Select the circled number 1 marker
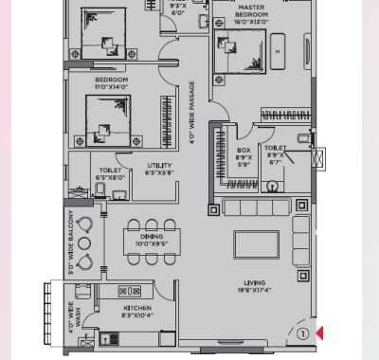(301, 333)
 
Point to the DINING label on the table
(153, 241)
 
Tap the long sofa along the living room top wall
(252, 207)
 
